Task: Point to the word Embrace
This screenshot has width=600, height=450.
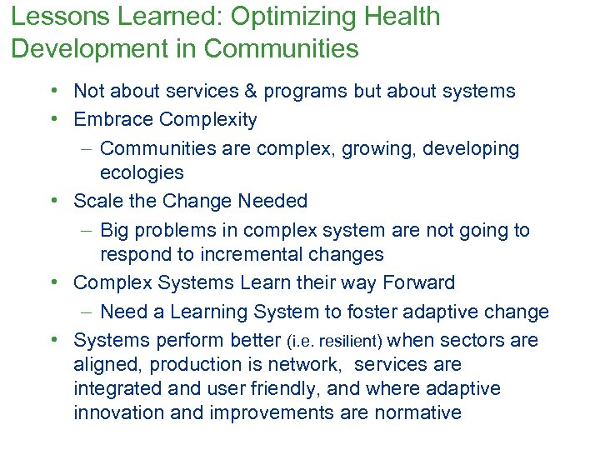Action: click(112, 120)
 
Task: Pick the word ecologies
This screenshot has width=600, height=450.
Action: click(142, 172)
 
